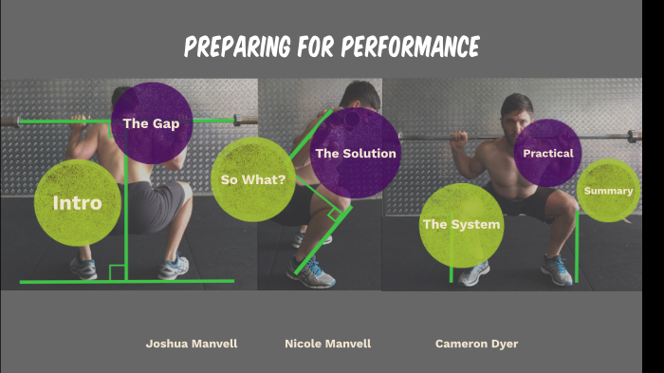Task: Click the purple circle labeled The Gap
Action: click(x=152, y=122)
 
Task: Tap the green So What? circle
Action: click(x=252, y=179)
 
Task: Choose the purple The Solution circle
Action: click(x=355, y=153)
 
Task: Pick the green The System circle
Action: click(x=461, y=225)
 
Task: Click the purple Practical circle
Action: click(x=547, y=153)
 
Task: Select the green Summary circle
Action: click(x=607, y=191)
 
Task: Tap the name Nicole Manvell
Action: click(x=327, y=344)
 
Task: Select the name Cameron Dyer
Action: click(x=476, y=344)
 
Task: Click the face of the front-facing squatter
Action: click(x=516, y=113)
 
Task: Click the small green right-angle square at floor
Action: click(x=117, y=273)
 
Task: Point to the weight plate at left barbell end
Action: click(x=8, y=121)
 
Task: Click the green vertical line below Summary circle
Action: click(x=576, y=247)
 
